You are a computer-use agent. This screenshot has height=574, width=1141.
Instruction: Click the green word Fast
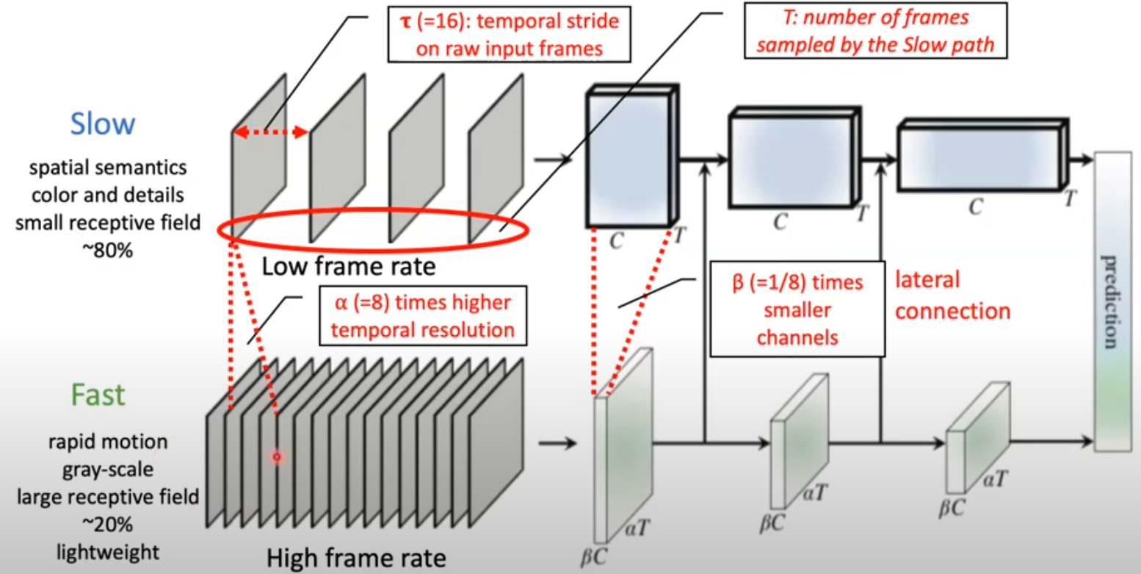[x=98, y=395]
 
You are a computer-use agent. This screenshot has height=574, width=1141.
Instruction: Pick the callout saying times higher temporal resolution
[x=423, y=316]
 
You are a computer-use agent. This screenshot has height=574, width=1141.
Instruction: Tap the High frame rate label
[x=356, y=558]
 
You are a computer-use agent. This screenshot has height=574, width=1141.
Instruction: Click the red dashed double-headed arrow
[x=270, y=132]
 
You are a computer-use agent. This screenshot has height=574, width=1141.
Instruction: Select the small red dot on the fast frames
[x=278, y=457]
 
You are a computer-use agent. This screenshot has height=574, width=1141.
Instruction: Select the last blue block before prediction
[x=978, y=159]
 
